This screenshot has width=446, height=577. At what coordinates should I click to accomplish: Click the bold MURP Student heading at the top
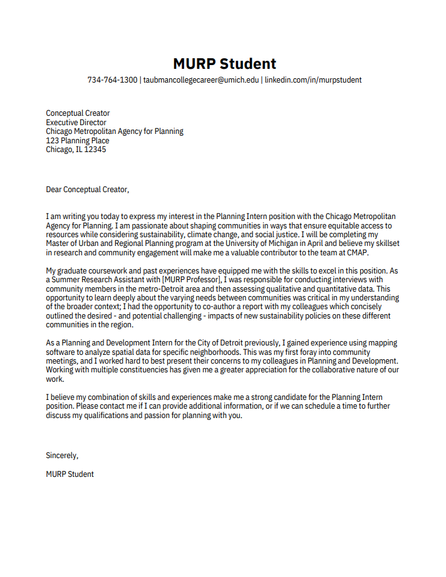point(224,63)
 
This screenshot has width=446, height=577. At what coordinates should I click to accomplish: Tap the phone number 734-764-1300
point(112,80)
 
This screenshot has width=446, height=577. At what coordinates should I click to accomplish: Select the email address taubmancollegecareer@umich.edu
point(200,80)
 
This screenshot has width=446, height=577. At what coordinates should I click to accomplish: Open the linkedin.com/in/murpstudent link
point(313,80)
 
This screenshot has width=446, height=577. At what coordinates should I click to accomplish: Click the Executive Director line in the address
point(76,123)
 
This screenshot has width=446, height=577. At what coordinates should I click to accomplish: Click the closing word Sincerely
point(61,456)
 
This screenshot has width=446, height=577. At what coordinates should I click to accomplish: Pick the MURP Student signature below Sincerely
point(70,474)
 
